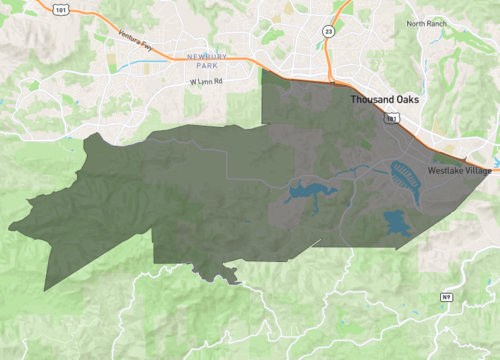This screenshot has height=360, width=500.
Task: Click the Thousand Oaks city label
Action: point(389,102)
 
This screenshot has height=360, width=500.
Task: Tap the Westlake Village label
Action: point(459,171)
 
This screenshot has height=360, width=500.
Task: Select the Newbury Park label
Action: point(206,61)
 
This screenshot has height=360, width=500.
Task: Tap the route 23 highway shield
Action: point(329,32)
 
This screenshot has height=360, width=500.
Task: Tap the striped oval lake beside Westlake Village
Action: point(405,176)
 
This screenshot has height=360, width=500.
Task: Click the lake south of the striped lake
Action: point(397,225)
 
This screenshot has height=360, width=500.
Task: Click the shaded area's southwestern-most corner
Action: point(46,291)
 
